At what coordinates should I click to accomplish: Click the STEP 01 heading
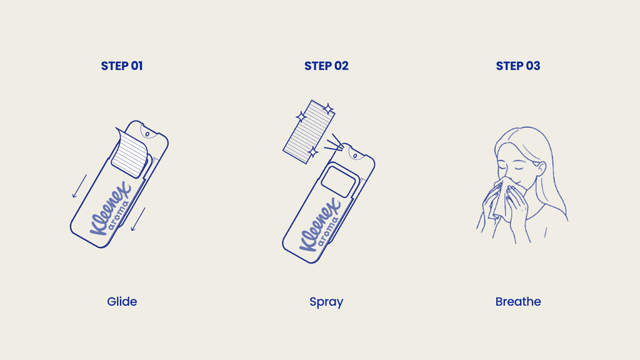pos(122,66)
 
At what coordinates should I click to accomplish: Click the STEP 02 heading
pos(326,66)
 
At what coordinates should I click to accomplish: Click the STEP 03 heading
pos(518,66)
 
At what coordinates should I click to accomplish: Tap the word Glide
pos(122,302)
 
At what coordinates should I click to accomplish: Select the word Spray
pos(326,302)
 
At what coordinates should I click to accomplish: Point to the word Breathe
pos(518,302)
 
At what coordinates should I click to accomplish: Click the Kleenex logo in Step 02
pos(321,225)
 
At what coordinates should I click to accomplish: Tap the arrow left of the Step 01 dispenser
pos(79,186)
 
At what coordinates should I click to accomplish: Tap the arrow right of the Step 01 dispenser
pos(138,219)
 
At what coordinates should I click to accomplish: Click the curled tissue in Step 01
pos(130,154)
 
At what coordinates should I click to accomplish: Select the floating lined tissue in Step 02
pos(309,132)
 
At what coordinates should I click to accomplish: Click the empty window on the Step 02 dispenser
pos(338,181)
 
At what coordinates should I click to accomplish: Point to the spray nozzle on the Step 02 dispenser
pos(356,156)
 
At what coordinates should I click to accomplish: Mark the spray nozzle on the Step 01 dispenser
pos(147,134)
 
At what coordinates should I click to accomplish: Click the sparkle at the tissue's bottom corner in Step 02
pos(313,152)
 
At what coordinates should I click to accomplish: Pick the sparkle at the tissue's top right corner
pos(327,109)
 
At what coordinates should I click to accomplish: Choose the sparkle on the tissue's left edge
pos(301,117)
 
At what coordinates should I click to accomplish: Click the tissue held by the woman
pos(502,198)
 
